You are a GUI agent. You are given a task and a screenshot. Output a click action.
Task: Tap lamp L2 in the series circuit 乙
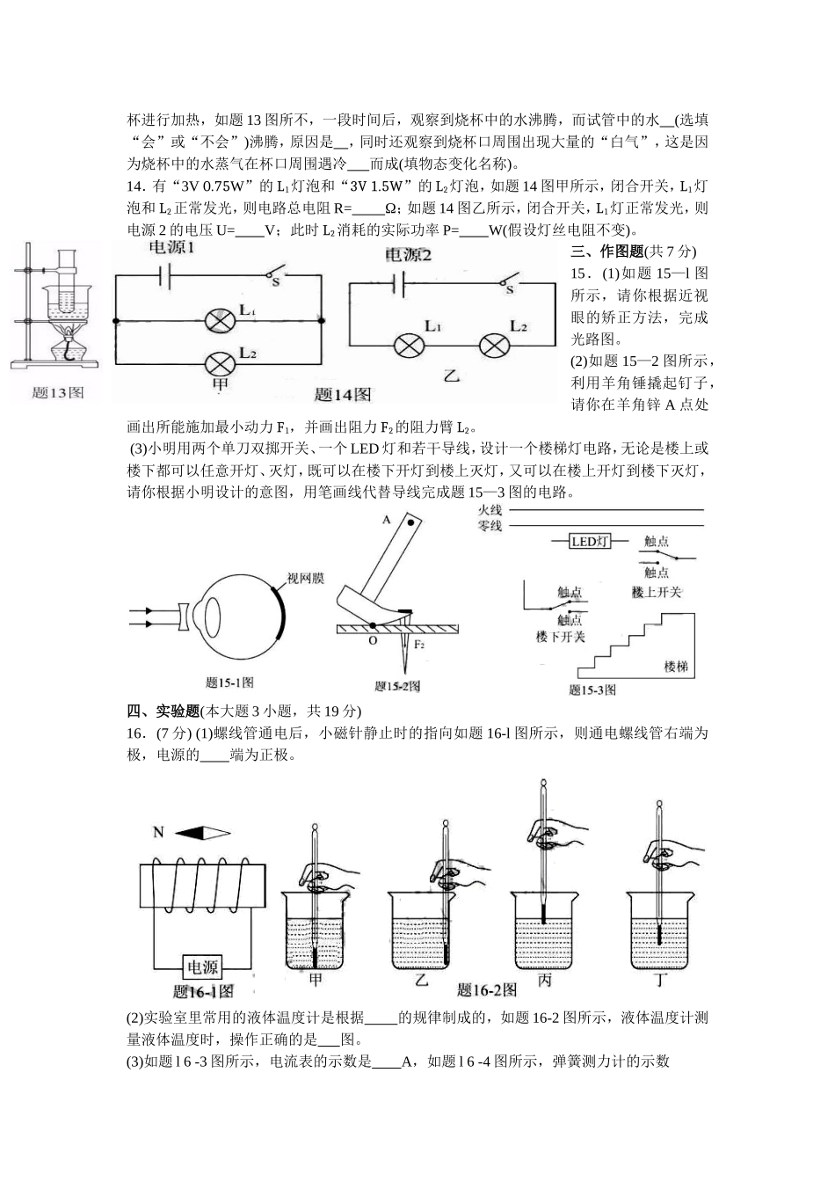tap(494, 346)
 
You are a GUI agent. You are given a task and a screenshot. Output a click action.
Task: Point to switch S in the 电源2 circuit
tap(510, 281)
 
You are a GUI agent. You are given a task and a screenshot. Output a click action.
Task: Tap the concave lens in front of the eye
tap(184, 617)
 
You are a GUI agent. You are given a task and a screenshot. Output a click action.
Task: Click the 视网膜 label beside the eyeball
tap(306, 579)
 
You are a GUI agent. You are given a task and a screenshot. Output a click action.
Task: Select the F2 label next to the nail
tap(419, 645)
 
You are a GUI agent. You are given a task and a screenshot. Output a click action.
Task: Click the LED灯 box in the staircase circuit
tap(591, 542)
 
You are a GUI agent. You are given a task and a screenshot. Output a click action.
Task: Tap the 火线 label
tap(490, 510)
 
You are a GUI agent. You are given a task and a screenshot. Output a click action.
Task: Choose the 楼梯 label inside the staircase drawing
tap(676, 667)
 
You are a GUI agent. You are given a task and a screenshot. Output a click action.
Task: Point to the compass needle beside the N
tap(203, 833)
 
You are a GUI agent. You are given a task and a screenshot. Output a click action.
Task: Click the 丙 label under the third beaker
tap(544, 980)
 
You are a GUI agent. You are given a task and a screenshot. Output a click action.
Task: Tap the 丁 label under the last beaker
tap(660, 981)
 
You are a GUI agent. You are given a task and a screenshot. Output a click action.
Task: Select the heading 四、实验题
tap(163, 711)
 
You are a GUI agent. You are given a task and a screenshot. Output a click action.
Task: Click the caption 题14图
tap(342, 394)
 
